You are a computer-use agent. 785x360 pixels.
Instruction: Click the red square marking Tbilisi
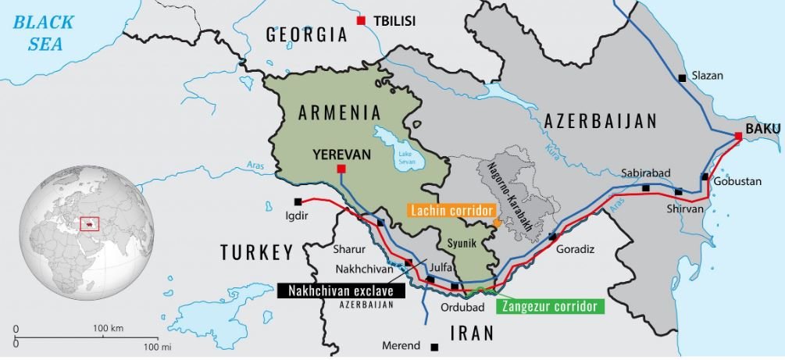pyautogui.click(x=360, y=20)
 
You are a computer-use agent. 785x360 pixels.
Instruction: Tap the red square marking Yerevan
pyautogui.click(x=341, y=169)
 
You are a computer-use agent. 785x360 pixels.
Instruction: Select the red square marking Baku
pyautogui.click(x=738, y=137)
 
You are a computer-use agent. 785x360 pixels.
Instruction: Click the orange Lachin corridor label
pyautogui.click(x=452, y=211)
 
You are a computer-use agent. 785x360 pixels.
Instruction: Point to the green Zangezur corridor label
pyautogui.click(x=550, y=306)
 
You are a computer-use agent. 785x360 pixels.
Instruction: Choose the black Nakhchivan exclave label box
pyautogui.click(x=341, y=290)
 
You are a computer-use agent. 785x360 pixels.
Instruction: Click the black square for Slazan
pyautogui.click(x=682, y=77)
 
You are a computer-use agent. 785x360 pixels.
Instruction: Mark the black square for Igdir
pyautogui.click(x=298, y=201)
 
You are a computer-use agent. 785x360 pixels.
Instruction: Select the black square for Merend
pyautogui.click(x=434, y=346)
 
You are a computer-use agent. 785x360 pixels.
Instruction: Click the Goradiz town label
pyautogui.click(x=576, y=249)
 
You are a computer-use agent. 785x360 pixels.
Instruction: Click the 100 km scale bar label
pyautogui.click(x=108, y=328)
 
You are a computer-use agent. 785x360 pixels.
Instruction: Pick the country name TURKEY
pyautogui.click(x=256, y=252)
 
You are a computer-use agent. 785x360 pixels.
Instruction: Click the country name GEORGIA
pyautogui.click(x=306, y=35)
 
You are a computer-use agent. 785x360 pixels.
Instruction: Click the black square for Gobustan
pyautogui.click(x=705, y=177)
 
